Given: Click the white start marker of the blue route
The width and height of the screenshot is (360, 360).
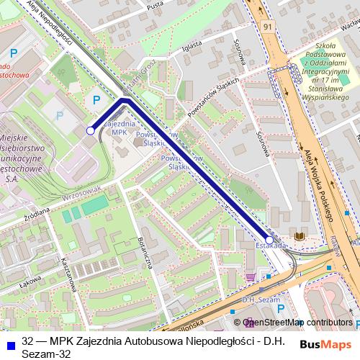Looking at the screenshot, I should pyautogui.click(x=90, y=130).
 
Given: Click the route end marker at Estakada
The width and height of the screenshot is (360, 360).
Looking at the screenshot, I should pyautogui.click(x=269, y=240).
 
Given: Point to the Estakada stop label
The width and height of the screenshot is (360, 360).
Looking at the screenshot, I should pyautogui.click(x=270, y=246).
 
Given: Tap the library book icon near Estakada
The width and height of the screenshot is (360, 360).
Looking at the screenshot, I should pyautogui.click(x=300, y=237).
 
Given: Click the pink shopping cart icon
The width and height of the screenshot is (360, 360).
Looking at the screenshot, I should pyautogui.click(x=250, y=276).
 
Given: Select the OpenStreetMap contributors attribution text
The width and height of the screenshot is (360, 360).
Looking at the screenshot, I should pyautogui.click(x=297, y=323).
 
